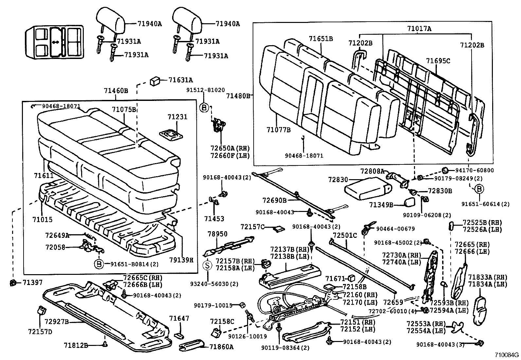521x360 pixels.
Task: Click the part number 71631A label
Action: [181, 80]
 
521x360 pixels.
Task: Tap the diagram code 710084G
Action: [507, 355]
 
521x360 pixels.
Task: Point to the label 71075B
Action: [124, 109]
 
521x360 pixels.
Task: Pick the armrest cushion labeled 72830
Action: [367, 188]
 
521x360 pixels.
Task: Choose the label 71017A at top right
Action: [419, 29]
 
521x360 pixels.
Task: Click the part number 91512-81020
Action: [206, 90]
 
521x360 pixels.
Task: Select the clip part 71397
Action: [14, 282]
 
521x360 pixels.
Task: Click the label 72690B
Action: [274, 200]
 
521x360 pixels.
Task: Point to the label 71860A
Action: [222, 347]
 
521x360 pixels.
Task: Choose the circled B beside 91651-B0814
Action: [99, 264]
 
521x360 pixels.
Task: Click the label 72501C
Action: [345, 235]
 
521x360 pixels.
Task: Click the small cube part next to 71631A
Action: [155, 81]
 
